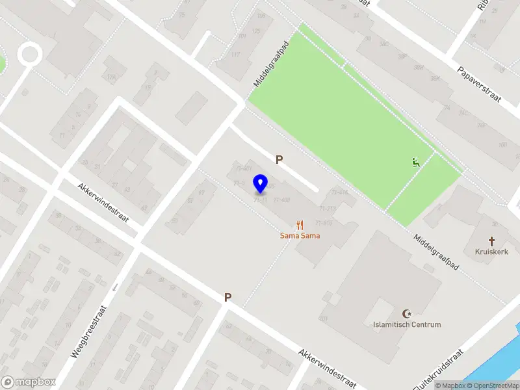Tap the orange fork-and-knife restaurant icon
tap(300, 225)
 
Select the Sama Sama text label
tap(300, 235)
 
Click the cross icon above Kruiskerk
tap(491, 240)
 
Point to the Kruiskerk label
tap(491, 251)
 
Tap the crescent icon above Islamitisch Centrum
tap(408, 313)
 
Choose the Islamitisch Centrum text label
tap(407, 324)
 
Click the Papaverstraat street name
tap(478, 83)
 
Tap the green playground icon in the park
tap(415, 162)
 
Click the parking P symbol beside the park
tap(279, 159)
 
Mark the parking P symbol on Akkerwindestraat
tap(227, 297)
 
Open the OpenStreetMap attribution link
tap(493, 385)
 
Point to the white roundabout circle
tap(29, 54)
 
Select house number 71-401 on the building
tap(244, 168)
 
